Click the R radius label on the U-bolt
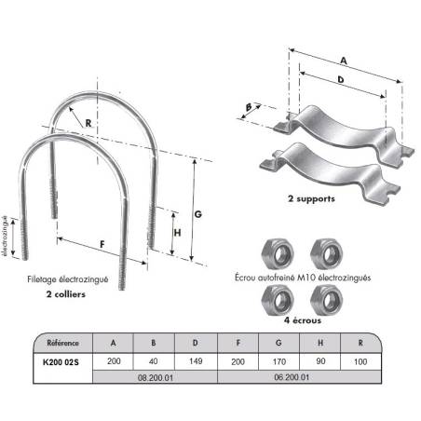tap(88, 123)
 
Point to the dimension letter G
tap(198, 214)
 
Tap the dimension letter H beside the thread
tap(177, 233)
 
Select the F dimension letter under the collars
tap(102, 245)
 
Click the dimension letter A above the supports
tap(344, 61)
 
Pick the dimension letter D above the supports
tap(341, 80)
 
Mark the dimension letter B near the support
tap(249, 107)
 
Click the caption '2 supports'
tap(311, 198)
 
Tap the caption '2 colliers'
tap(66, 294)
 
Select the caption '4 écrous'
tap(303, 320)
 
